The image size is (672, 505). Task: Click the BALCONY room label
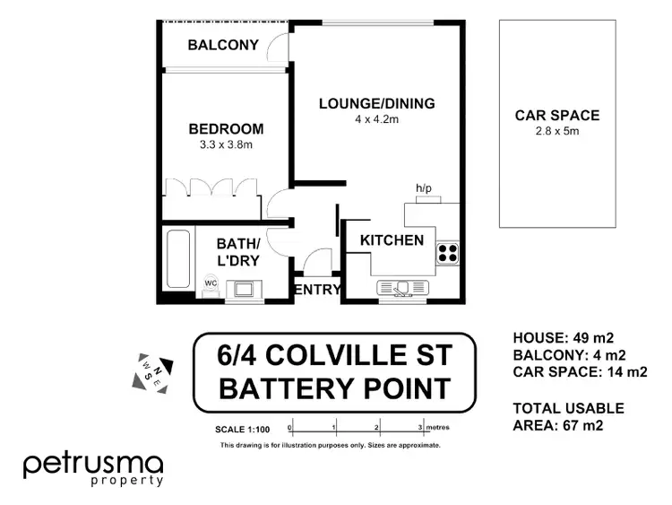[223, 45]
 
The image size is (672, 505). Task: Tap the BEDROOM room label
[225, 129]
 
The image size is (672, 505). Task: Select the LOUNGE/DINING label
[377, 104]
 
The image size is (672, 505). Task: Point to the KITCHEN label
[392, 240]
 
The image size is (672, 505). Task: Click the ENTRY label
[318, 289]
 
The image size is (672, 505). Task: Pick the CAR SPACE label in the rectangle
[556, 115]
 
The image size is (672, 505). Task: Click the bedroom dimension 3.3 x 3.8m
[225, 144]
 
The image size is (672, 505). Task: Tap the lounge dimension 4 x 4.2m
[377, 119]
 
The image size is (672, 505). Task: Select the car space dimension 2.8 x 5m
[556, 130]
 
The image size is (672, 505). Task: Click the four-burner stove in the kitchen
[447, 254]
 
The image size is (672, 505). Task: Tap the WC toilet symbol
[211, 285]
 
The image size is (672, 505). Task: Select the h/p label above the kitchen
[423, 188]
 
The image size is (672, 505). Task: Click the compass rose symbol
[148, 368]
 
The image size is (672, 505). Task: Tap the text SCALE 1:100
[242, 429]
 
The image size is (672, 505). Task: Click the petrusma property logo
[93, 468]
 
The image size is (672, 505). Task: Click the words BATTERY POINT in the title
[334, 389]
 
